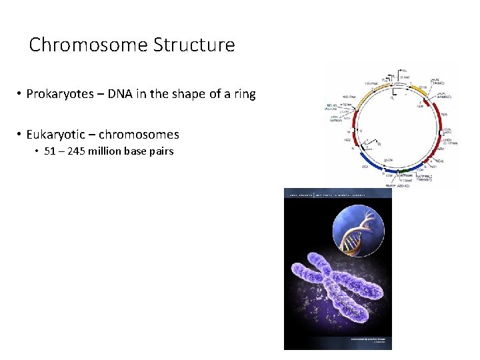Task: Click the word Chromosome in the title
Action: tap(89, 45)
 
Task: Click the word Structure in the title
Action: tap(194, 45)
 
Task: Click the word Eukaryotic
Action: tap(56, 135)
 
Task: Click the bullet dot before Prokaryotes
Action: tap(20, 95)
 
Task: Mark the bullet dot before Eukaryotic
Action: tap(20, 135)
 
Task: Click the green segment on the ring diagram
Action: tap(401, 171)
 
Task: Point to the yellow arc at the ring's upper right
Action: tap(418, 87)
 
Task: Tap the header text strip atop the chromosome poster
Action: tap(337, 193)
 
